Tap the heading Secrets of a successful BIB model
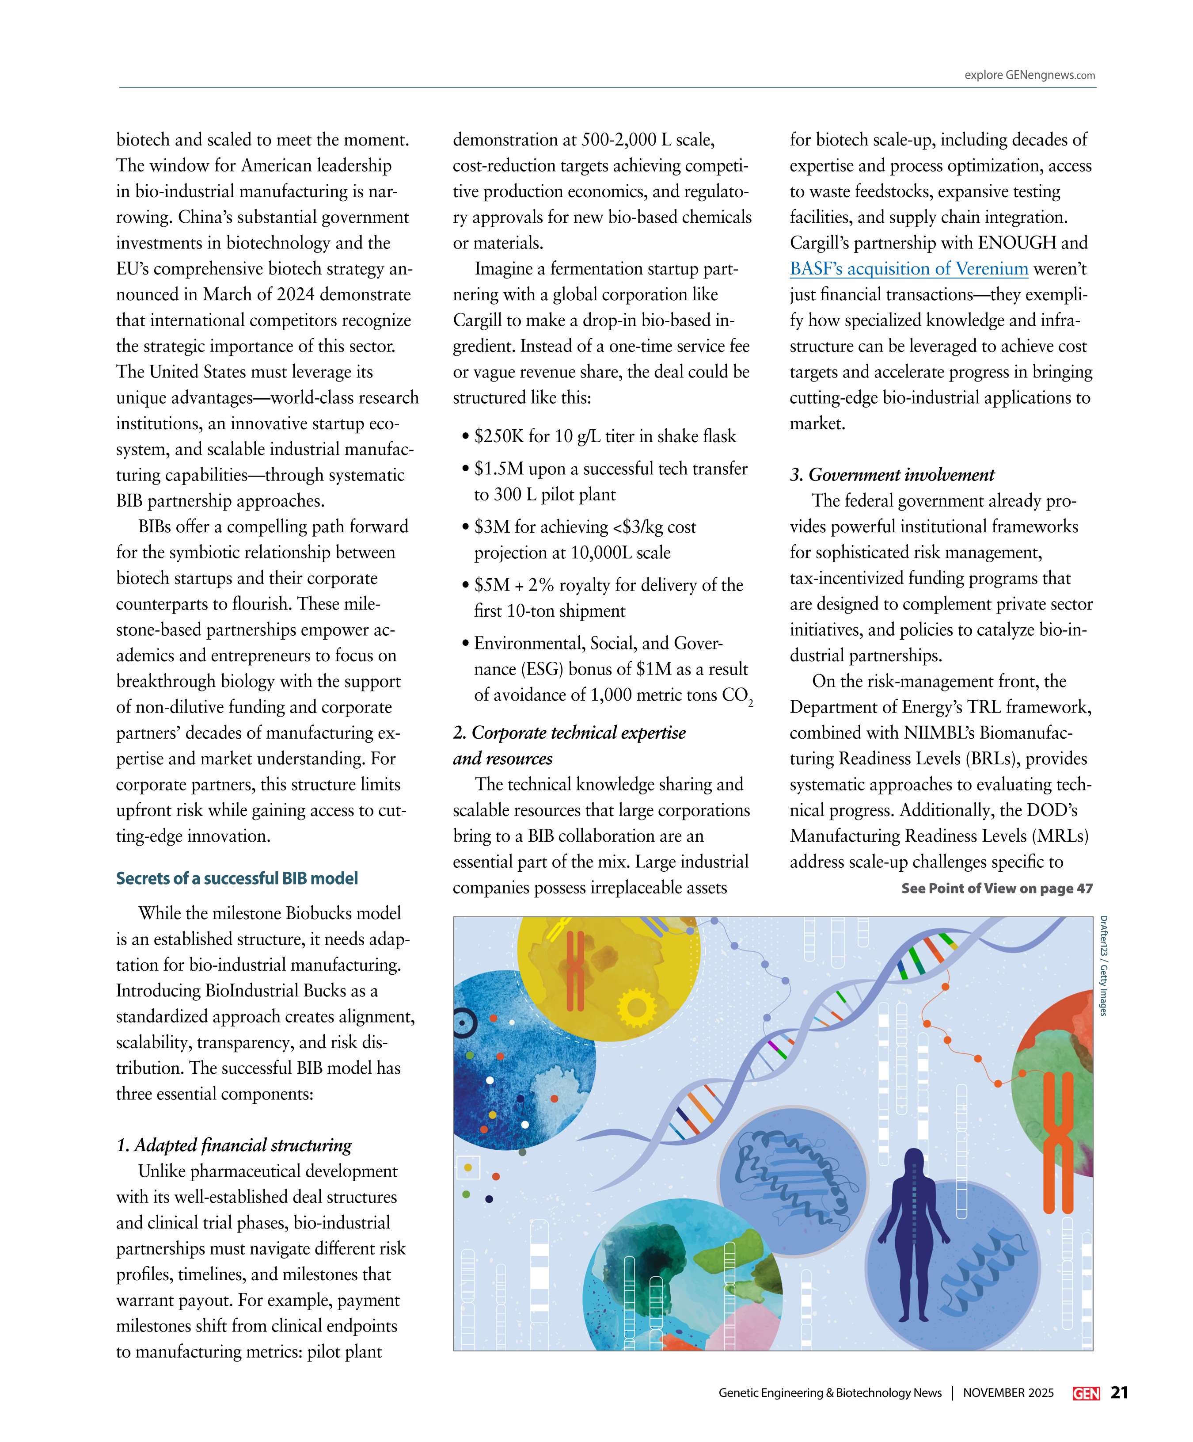(237, 878)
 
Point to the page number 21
(1120, 1392)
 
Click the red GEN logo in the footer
(1086, 1393)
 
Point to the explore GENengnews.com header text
(1030, 76)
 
